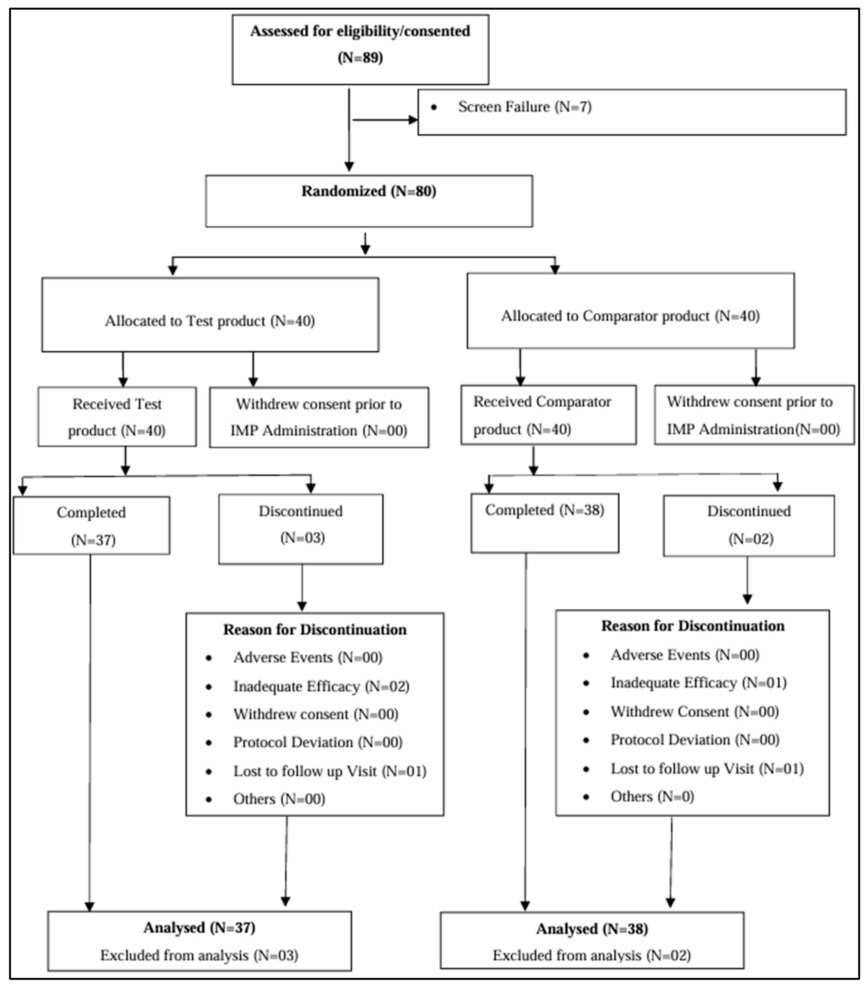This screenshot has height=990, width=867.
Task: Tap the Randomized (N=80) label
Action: pyautogui.click(x=369, y=192)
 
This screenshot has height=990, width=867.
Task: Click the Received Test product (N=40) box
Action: pyautogui.click(x=117, y=417)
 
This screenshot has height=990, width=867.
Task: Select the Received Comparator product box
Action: pyautogui.click(x=548, y=415)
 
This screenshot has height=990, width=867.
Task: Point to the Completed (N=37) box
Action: pyautogui.click(x=92, y=526)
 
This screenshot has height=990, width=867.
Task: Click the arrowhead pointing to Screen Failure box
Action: pyautogui.click(x=413, y=120)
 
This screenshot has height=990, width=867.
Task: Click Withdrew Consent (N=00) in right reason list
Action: pyautogui.click(x=694, y=711)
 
